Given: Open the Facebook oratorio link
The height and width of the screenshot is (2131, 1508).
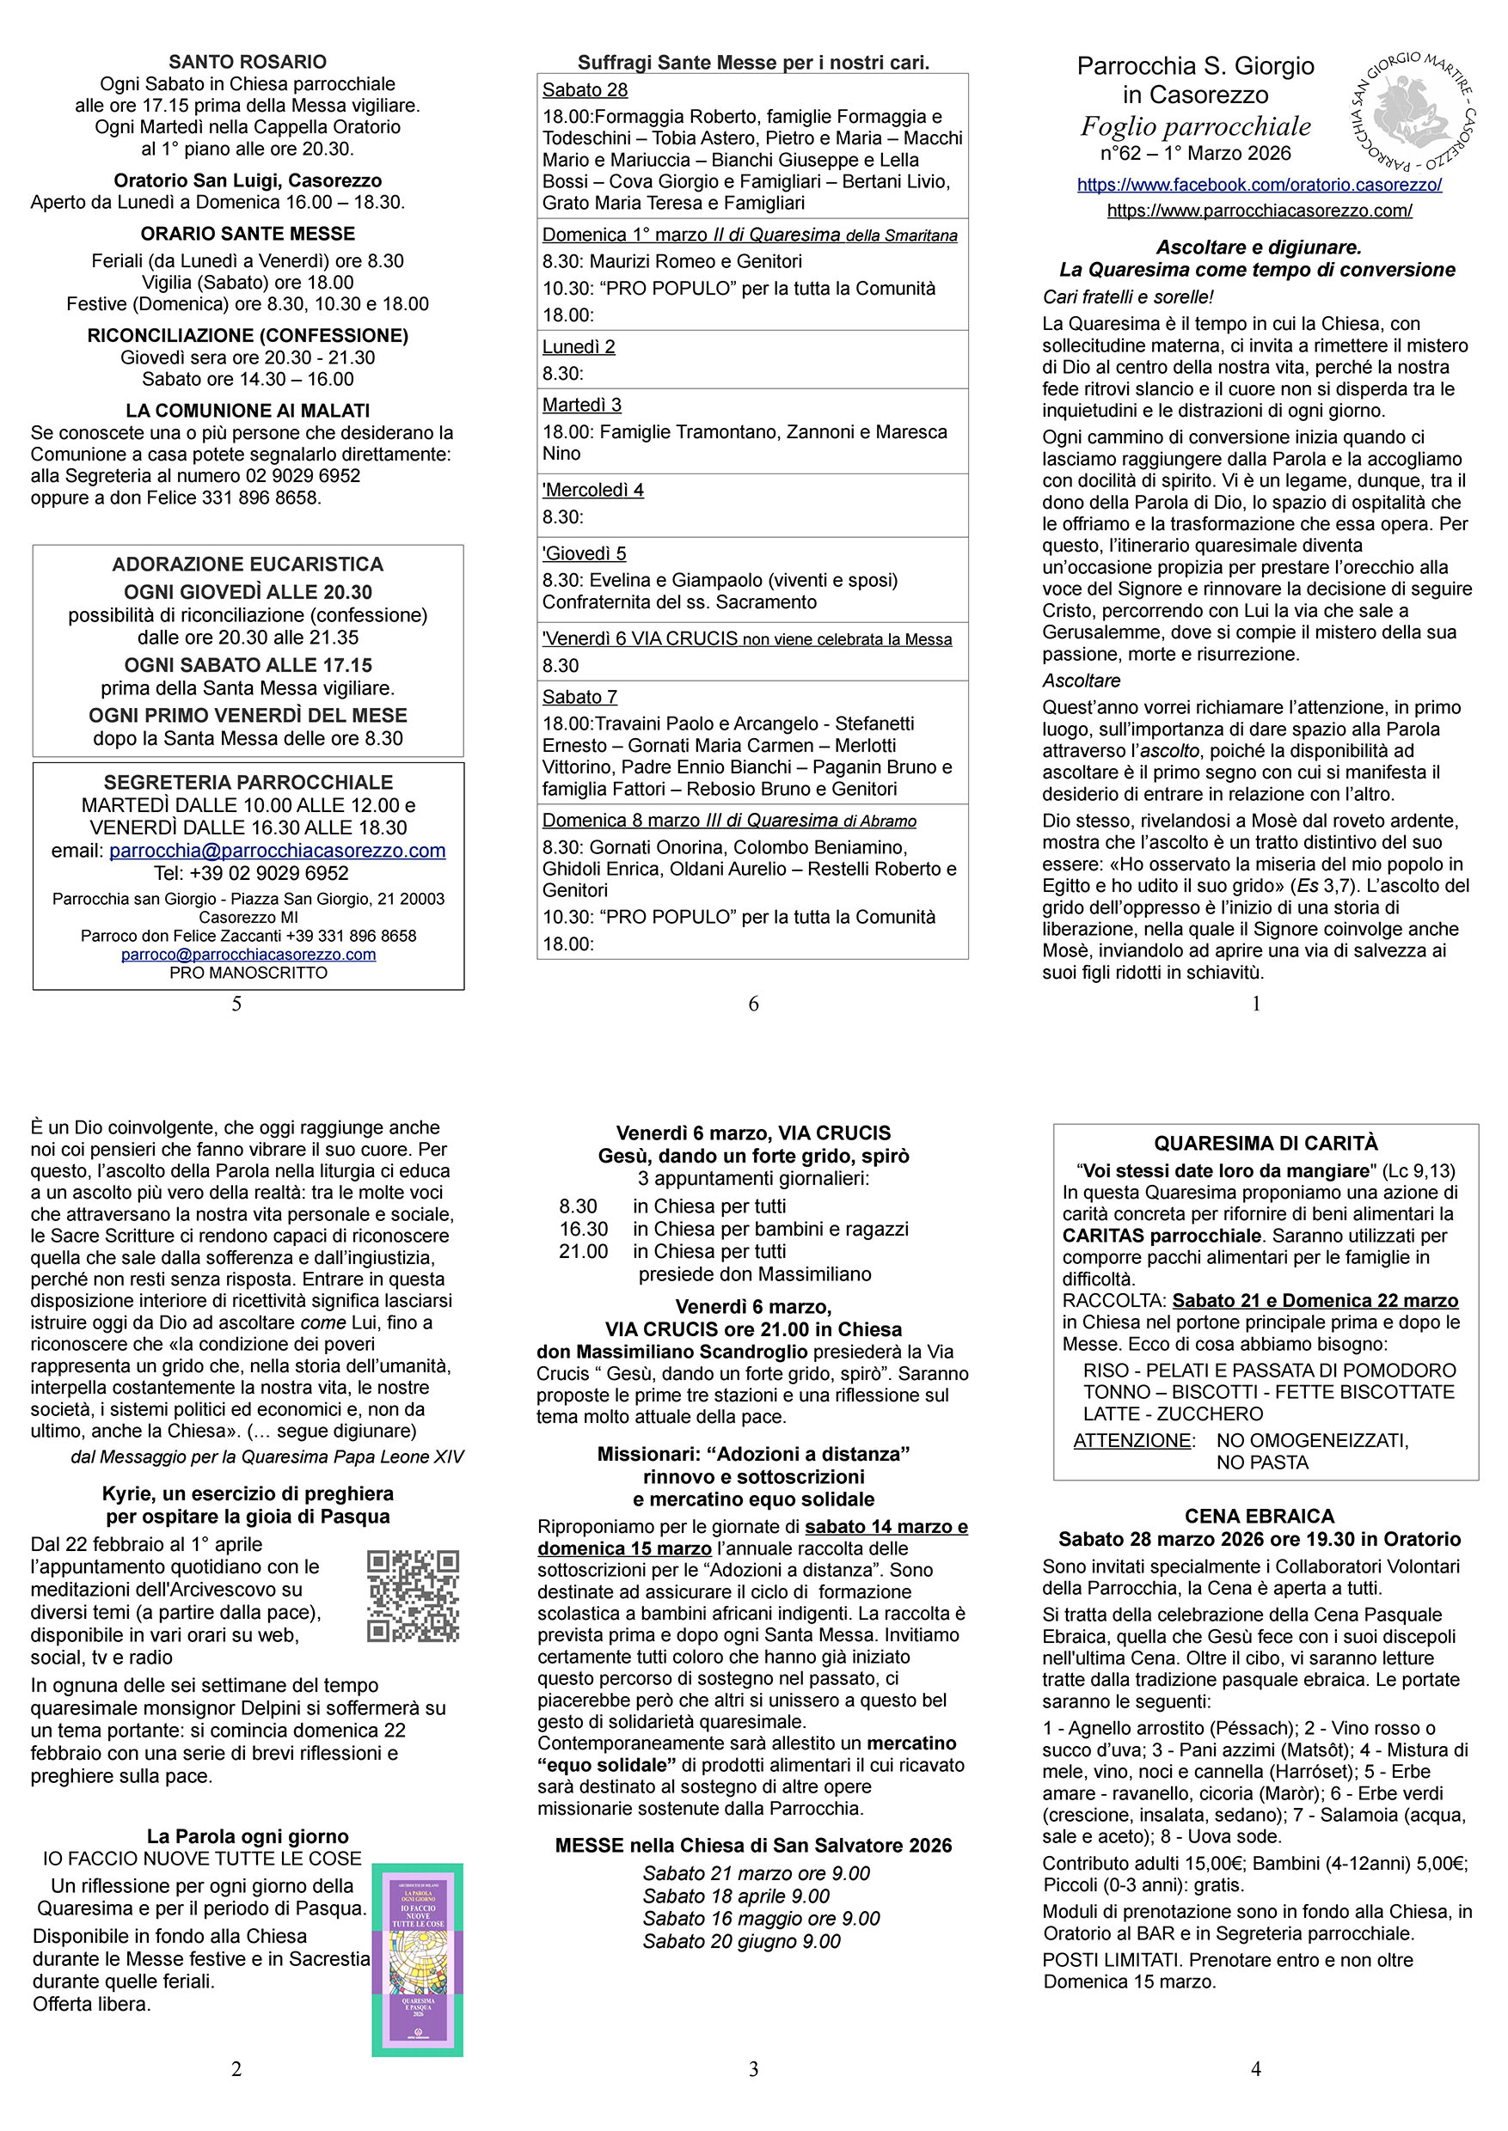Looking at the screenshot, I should pyautogui.click(x=1260, y=185).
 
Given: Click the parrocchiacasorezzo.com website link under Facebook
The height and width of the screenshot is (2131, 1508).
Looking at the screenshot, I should pyautogui.click(x=1260, y=211).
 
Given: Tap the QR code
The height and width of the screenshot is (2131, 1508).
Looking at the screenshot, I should pyautogui.click(x=414, y=1596).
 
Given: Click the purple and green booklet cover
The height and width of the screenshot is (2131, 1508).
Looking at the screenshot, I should pyautogui.click(x=417, y=1958).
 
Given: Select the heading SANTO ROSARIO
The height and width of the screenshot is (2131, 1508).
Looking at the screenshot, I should pyautogui.click(x=247, y=62).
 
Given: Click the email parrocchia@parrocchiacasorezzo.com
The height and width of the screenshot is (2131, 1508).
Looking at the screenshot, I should pyautogui.click(x=277, y=850).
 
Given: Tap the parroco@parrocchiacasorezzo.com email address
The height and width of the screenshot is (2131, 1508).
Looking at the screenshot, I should pyautogui.click(x=248, y=954).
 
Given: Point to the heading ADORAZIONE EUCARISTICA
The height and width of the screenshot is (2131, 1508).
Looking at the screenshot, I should pyautogui.click(x=247, y=565).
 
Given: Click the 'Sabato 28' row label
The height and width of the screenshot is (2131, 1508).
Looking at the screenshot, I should pyautogui.click(x=585, y=90).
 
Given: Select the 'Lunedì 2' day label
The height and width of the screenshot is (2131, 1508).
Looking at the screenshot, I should pyautogui.click(x=579, y=347).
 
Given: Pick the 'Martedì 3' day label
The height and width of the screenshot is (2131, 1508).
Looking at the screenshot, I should pyautogui.click(x=581, y=405).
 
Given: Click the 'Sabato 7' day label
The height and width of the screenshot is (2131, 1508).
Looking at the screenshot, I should pyautogui.click(x=579, y=697).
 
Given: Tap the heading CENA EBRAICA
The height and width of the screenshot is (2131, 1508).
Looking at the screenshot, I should pyautogui.click(x=1260, y=1516).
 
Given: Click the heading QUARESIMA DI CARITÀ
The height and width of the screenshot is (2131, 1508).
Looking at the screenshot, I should pyautogui.click(x=1266, y=1144).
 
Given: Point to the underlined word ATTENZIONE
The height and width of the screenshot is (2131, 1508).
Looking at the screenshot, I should pyautogui.click(x=1132, y=1440).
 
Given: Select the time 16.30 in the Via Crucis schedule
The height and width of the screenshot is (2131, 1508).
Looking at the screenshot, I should pyautogui.click(x=583, y=1229).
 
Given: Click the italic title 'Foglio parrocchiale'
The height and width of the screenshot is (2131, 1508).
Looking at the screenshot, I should pyautogui.click(x=1195, y=126).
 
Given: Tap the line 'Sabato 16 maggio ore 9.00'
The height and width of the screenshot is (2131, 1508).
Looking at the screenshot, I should pyautogui.click(x=761, y=1919).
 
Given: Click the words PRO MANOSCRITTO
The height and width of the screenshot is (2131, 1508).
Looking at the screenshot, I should pyautogui.click(x=248, y=973).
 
